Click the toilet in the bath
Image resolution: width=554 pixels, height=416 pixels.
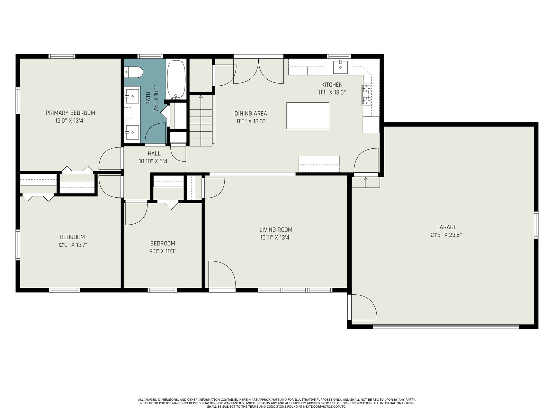click(x=133, y=72)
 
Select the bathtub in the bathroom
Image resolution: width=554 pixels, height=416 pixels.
click(x=176, y=79)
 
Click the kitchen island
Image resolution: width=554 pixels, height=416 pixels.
click(x=308, y=116)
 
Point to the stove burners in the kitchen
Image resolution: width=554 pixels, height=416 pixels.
click(x=367, y=94)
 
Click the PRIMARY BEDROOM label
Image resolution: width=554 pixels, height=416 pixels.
click(x=70, y=113)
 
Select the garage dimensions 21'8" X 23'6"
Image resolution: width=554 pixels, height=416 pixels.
click(x=446, y=235)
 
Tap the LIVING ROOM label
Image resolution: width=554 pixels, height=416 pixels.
click(x=276, y=230)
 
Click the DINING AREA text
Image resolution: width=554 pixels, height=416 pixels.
click(x=251, y=114)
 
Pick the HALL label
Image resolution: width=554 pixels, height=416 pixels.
click(x=154, y=154)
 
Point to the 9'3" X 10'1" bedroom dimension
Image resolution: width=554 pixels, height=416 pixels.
click(x=162, y=251)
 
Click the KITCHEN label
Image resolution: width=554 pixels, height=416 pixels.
click(x=332, y=85)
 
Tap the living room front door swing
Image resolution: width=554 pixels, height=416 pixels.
click(x=222, y=274)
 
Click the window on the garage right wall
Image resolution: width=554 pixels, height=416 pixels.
click(x=536, y=225)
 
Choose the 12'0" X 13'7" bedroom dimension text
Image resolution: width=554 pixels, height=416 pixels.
click(x=72, y=245)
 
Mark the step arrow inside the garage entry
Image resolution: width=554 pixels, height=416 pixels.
click(x=366, y=182)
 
